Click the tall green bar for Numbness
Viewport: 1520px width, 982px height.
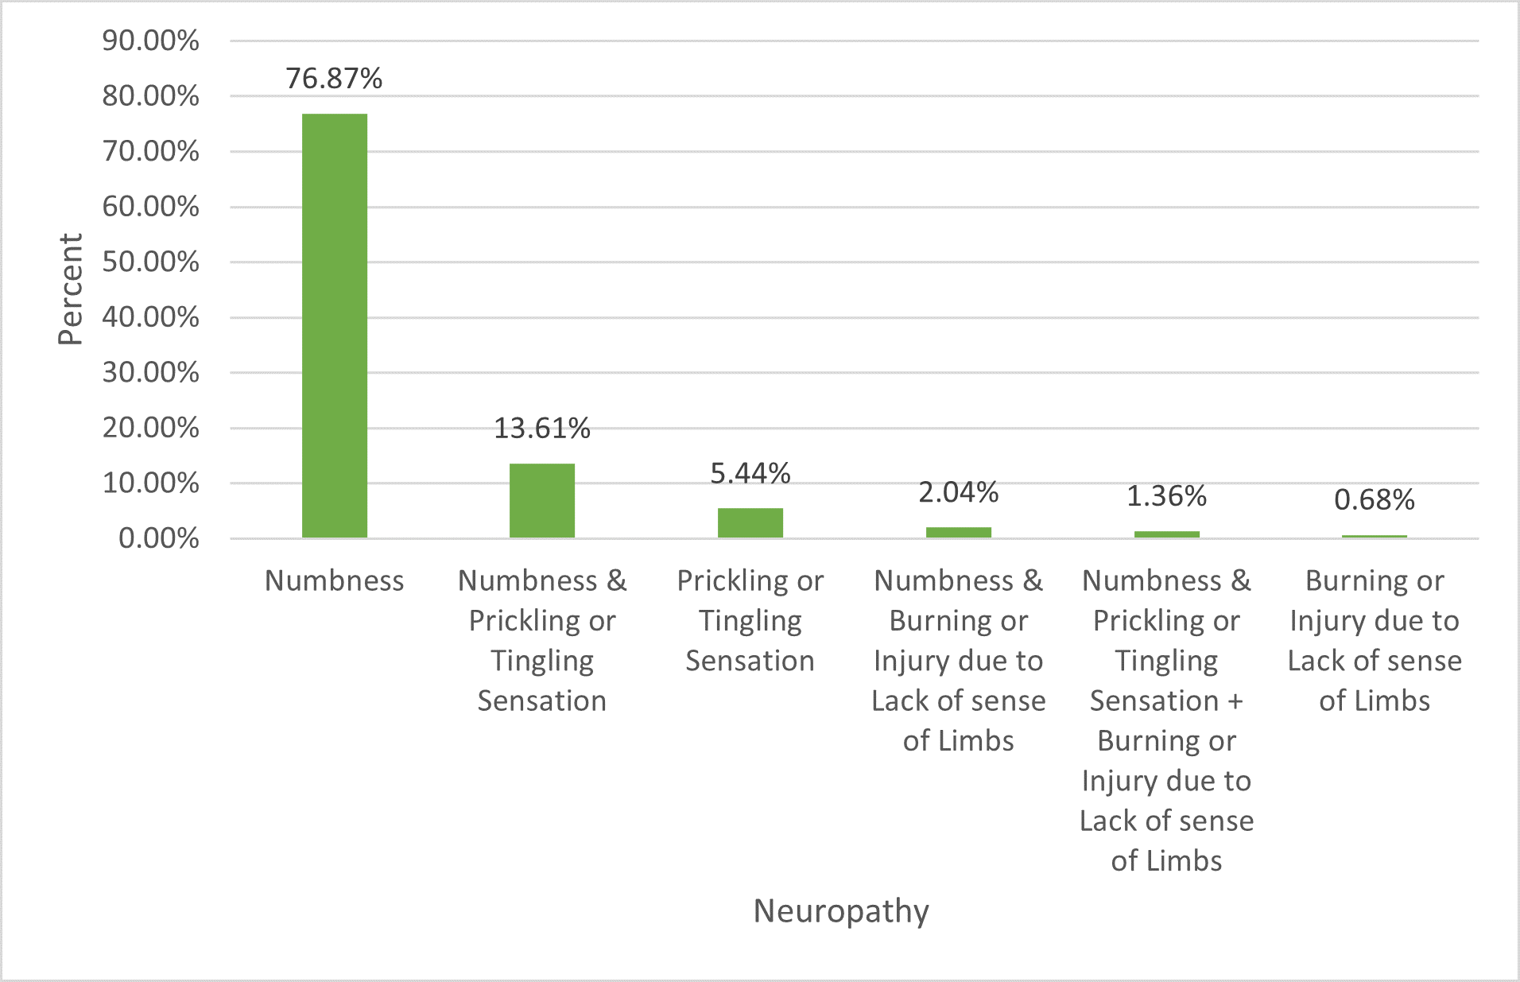[x=335, y=326]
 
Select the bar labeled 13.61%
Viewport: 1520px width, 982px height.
[x=542, y=501]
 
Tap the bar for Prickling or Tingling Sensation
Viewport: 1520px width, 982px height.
[x=750, y=523]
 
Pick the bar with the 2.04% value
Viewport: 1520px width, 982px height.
[x=959, y=532]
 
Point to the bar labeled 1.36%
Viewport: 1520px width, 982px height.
[x=1166, y=534]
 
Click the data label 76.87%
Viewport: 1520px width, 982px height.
[x=334, y=79]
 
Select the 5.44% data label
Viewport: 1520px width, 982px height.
[x=750, y=474]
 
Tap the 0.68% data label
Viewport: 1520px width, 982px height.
[x=1375, y=500]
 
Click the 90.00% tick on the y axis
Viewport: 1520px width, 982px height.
[x=150, y=41]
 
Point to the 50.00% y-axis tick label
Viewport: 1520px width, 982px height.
[x=150, y=262]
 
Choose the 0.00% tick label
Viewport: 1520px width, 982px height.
[x=158, y=538]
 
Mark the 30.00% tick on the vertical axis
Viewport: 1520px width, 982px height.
[x=150, y=372]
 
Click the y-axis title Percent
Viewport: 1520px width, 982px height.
[x=70, y=289]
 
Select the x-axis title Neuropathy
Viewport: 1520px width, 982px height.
[x=841, y=911]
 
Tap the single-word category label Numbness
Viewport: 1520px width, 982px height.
[x=334, y=581]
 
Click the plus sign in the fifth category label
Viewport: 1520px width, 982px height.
[x=1235, y=701]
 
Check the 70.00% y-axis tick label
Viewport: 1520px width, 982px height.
[x=150, y=151]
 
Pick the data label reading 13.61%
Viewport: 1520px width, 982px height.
[x=542, y=429]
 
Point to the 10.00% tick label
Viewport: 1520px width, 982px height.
[x=150, y=483]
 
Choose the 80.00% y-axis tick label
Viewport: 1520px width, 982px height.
[x=150, y=96]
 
